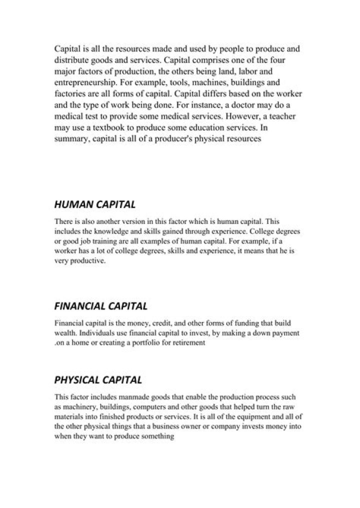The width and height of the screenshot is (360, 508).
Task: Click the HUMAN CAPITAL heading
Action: point(94,204)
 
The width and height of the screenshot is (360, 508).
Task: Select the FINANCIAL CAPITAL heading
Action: point(100,305)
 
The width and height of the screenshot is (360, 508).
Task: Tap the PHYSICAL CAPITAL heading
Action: point(98,380)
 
